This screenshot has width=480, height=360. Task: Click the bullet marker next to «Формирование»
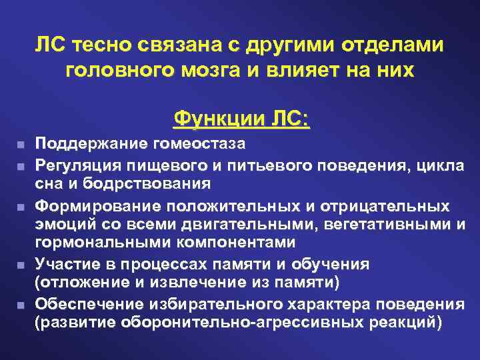(22, 205)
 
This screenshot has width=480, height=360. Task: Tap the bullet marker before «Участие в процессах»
(22, 265)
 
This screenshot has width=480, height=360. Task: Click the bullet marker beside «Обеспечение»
(22, 305)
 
